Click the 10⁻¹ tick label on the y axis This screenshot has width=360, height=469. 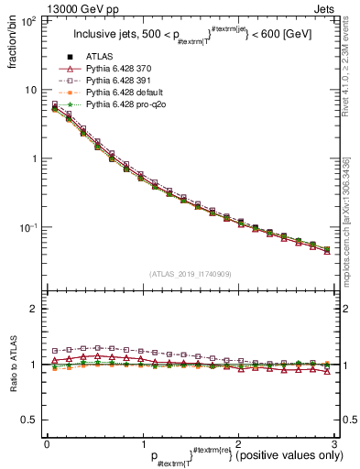pyautogui.click(x=27, y=227)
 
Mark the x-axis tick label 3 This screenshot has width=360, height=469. pyautogui.click(x=334, y=443)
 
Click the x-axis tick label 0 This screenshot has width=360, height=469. pyautogui.click(x=47, y=443)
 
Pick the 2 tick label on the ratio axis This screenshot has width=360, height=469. pyautogui.click(x=34, y=309)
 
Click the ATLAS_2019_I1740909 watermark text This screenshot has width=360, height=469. pyautogui.click(x=191, y=273)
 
